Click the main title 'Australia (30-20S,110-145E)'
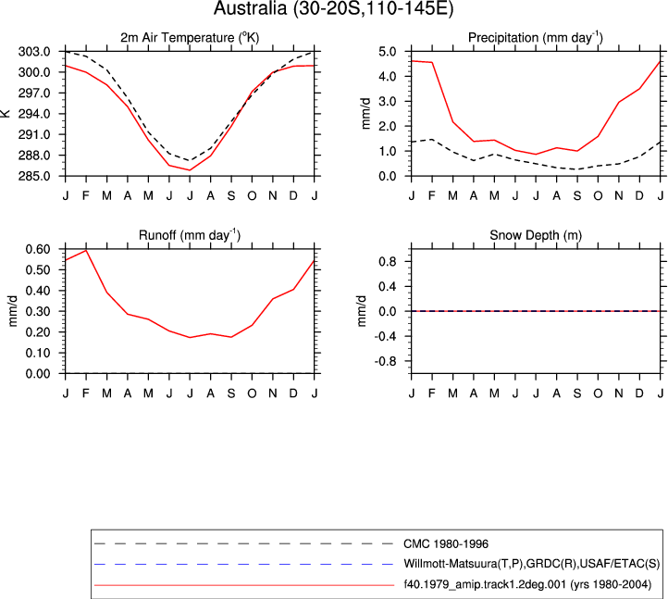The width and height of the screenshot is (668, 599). pos(334,8)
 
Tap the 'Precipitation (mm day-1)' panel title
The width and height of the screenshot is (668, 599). pos(536,38)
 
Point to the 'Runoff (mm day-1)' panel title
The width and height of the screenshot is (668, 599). pos(190,235)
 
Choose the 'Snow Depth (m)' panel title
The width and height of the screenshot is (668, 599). pos(536,235)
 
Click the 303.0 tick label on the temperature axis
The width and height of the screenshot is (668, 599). pos(34,52)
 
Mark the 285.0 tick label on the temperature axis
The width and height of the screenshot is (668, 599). pos(34,176)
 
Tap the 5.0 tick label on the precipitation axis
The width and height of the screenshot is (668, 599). pos(388,52)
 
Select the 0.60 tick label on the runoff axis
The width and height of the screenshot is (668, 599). pos(38,249)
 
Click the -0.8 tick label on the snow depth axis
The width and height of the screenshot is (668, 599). pos(385,362)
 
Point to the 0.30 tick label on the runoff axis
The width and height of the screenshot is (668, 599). pos(38,311)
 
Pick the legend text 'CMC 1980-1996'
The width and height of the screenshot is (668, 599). pos(446,544)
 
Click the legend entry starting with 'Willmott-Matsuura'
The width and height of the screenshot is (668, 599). pos(532,564)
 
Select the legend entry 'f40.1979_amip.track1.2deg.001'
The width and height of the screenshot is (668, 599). pos(527,584)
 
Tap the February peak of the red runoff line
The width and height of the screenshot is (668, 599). pos(86,250)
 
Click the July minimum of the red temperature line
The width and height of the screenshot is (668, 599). pos(190,170)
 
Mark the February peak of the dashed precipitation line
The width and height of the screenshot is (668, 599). pos(432,140)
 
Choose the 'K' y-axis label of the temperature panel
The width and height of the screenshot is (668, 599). pos(6,114)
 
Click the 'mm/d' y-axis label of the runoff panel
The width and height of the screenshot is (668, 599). pos(13,311)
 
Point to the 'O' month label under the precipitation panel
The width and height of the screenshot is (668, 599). pos(598,196)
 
